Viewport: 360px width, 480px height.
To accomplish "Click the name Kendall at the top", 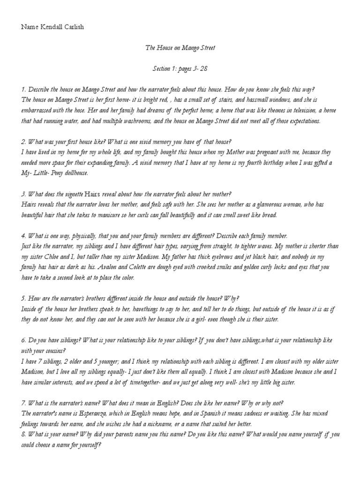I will tap(50, 27).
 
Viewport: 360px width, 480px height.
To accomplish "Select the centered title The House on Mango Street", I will tap(180, 48).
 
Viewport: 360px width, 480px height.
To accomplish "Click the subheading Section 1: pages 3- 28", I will tap(180, 68).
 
